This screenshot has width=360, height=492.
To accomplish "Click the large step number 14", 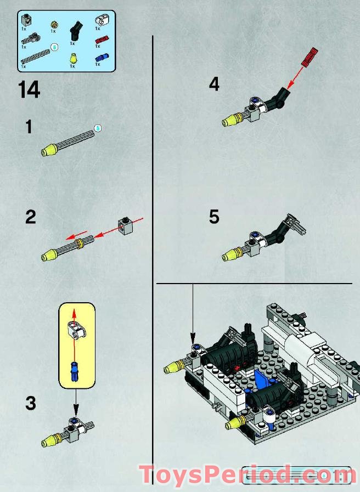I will pyautogui.click(x=29, y=90).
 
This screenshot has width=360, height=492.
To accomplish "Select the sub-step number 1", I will pyautogui.click(x=29, y=127).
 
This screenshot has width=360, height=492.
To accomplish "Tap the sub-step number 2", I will pyautogui.click(x=30, y=217).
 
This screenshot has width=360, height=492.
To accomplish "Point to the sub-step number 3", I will pyautogui.click(x=30, y=403).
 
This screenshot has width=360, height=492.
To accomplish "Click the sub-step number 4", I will pyautogui.click(x=214, y=84).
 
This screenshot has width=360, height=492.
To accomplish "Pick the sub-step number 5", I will pyautogui.click(x=214, y=217).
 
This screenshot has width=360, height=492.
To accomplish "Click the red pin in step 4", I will pyautogui.click(x=310, y=56).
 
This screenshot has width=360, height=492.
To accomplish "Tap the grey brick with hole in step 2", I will pyautogui.click(x=126, y=225).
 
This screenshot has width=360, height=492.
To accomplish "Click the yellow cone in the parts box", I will pyautogui.click(x=72, y=57).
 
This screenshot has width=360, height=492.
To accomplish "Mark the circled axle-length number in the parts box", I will pyautogui.click(x=54, y=48).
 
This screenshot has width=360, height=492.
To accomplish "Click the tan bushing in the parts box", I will pyautogui.click(x=54, y=24).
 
